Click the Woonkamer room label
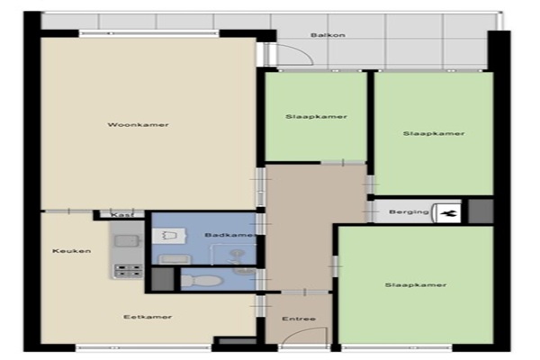pyautogui.click(x=138, y=125)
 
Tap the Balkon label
pyautogui.click(x=328, y=35)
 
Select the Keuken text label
pyautogui.click(x=72, y=251)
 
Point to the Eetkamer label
pyautogui.click(x=148, y=317)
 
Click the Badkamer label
pyautogui.click(x=230, y=235)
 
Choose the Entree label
pyautogui.click(x=299, y=319)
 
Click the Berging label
pyautogui.click(x=409, y=211)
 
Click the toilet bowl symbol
pyautogui.click(x=201, y=281)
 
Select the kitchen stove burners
pyautogui.click(x=128, y=270)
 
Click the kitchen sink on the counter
pyautogui.click(x=128, y=241)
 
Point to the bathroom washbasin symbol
pyautogui.click(x=170, y=236)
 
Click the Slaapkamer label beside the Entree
pyautogui.click(x=416, y=285)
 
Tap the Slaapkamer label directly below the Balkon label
pyautogui.click(x=316, y=116)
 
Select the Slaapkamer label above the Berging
pyautogui.click(x=434, y=133)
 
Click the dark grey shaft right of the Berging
pyautogui.click(x=481, y=211)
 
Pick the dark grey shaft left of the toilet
pyautogui.click(x=163, y=279)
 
